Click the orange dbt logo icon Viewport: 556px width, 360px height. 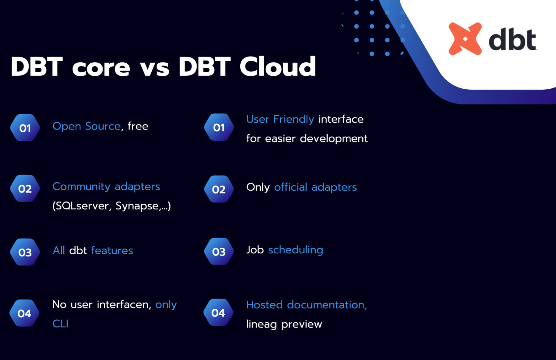(x=465, y=39)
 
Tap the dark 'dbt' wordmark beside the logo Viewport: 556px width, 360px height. (x=512, y=40)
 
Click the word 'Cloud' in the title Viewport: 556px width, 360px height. (x=278, y=67)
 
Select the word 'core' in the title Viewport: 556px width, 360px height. (x=101, y=67)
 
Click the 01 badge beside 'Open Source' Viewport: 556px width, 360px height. (x=25, y=128)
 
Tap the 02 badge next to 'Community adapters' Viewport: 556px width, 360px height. (x=25, y=189)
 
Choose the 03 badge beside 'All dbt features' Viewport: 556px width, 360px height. (x=25, y=252)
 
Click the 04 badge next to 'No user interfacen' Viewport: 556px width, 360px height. (x=25, y=313)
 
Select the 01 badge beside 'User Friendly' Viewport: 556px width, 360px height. (x=219, y=127)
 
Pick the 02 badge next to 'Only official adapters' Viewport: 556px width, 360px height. (x=219, y=189)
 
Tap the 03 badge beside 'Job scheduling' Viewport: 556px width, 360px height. (x=219, y=251)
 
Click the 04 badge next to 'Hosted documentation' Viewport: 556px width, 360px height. (x=218, y=313)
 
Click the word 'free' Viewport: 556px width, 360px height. (x=138, y=126)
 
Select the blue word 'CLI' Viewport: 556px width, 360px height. (x=60, y=323)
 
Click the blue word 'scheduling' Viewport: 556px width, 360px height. (x=295, y=250)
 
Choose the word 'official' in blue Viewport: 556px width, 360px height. (x=291, y=187)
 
